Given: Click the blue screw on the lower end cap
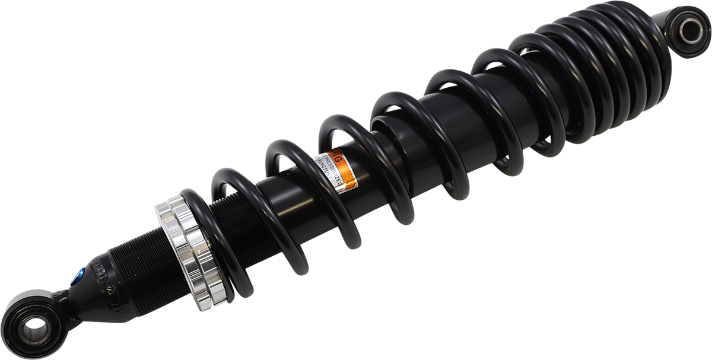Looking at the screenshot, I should coord(78,276).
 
